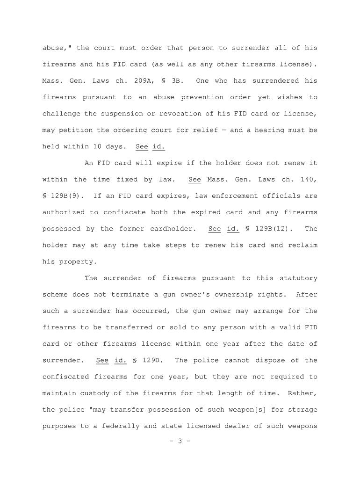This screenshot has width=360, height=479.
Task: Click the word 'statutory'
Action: point(298,278)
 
